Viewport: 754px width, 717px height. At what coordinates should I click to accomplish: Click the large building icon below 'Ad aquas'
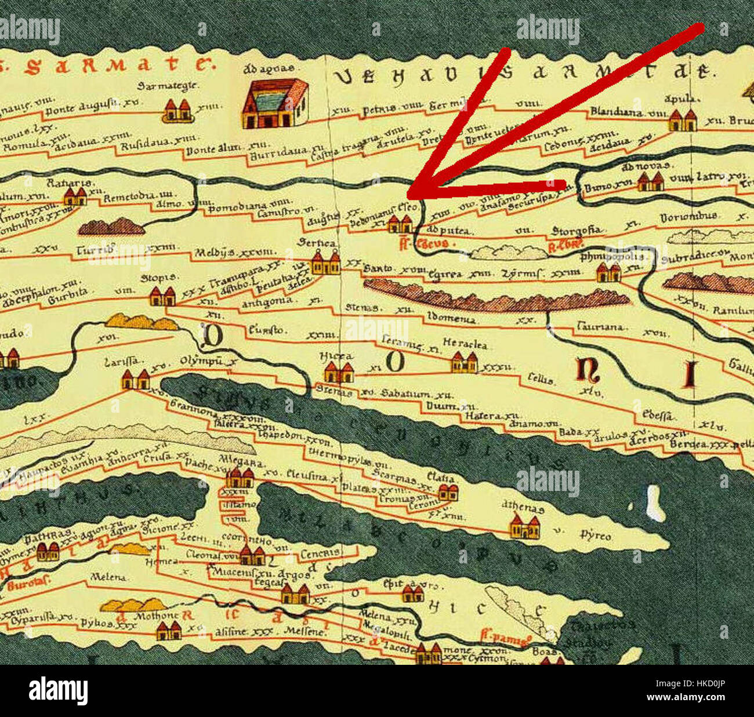pyautogui.click(x=274, y=104)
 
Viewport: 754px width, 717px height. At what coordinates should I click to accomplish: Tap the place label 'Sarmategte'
pyautogui.click(x=160, y=85)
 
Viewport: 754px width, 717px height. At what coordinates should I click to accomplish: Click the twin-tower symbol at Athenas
pyautogui.click(x=524, y=527)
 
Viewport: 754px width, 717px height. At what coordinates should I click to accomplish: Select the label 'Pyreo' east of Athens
pyautogui.click(x=596, y=536)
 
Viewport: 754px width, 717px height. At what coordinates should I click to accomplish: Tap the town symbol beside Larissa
pyautogui.click(x=135, y=380)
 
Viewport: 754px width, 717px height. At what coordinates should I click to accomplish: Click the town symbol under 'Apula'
pyautogui.click(x=682, y=120)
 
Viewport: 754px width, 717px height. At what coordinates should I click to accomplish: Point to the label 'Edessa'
pyautogui.click(x=659, y=415)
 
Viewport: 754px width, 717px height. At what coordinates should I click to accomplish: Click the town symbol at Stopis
pyautogui.click(x=162, y=296)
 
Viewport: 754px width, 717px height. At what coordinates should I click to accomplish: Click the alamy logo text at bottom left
pyautogui.click(x=58, y=691)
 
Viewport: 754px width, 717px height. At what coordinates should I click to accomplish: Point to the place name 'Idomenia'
pyautogui.click(x=451, y=318)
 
